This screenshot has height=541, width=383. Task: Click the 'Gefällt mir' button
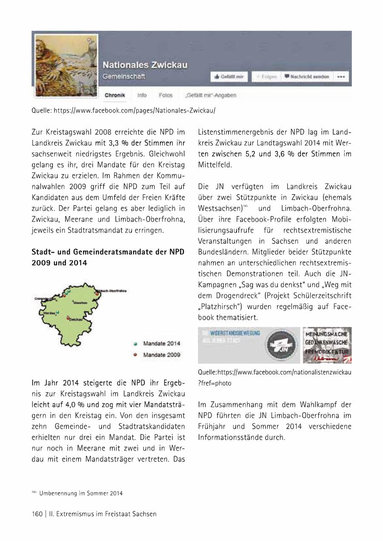229,76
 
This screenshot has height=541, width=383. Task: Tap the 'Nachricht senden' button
306,76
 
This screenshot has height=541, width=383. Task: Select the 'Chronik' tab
115,95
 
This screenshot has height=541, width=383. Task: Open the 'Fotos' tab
166,95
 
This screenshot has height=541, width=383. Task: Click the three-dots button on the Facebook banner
342,77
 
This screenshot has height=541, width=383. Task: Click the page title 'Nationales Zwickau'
145,65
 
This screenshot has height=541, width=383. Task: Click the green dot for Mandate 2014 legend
135,343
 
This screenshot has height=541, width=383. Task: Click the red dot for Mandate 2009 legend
135,354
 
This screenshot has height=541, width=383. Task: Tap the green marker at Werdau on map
58,312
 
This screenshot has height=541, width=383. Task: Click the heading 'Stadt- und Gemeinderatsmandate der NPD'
108,252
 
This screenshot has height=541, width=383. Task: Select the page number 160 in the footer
37,514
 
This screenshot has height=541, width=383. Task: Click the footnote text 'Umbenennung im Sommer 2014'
81,493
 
